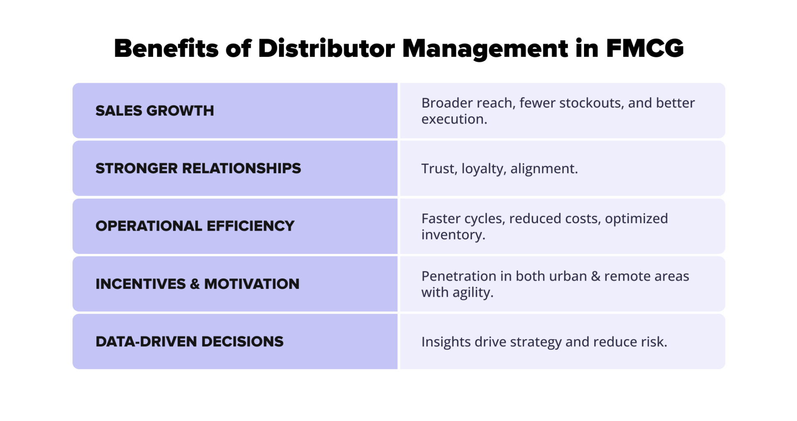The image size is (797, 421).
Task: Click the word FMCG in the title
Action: point(645,49)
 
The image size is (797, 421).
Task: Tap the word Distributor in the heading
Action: point(326,49)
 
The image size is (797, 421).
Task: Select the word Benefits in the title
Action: point(166,49)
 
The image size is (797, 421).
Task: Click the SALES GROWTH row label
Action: point(154,111)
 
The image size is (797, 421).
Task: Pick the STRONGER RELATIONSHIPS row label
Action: point(198,168)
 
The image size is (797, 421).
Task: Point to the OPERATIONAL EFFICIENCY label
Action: point(195,226)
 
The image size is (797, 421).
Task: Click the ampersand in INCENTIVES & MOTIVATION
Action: point(195,284)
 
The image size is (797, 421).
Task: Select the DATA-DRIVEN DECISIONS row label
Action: point(189,342)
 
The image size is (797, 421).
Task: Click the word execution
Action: point(454,119)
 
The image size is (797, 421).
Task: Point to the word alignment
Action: point(543,168)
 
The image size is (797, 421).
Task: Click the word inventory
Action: point(453,235)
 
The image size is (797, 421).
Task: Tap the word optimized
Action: point(636,219)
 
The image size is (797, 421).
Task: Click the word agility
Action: point(473,293)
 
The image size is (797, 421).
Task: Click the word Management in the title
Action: point(485,49)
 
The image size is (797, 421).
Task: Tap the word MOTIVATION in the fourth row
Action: point(252,284)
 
